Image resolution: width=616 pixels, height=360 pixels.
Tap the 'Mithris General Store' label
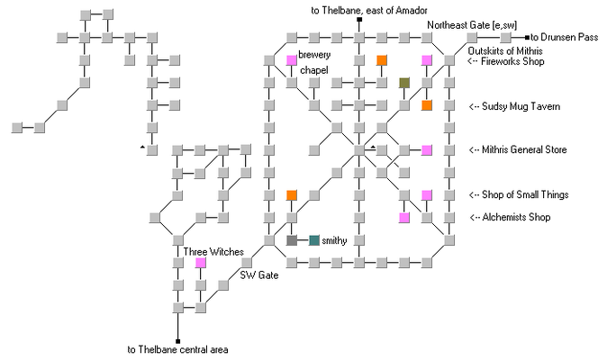click(x=518, y=149)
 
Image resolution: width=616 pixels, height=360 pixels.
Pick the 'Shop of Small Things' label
click(x=518, y=194)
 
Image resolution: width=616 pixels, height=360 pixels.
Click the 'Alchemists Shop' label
click(x=510, y=217)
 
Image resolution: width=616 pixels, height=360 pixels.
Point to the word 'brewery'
click(x=315, y=56)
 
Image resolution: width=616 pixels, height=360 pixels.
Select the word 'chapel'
click(x=313, y=70)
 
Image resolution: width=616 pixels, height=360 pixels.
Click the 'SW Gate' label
click(x=258, y=274)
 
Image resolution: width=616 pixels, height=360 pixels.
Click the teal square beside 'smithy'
click(x=313, y=240)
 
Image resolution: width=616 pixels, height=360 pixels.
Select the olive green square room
click(x=404, y=83)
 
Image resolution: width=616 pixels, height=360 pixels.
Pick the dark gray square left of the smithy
click(x=291, y=240)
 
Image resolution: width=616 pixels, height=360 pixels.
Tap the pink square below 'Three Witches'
click(x=200, y=263)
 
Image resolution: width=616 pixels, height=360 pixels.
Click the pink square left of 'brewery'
click(x=291, y=60)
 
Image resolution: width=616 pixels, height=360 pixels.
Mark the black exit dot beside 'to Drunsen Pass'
click(x=527, y=38)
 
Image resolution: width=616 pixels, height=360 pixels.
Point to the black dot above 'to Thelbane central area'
click(x=177, y=340)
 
